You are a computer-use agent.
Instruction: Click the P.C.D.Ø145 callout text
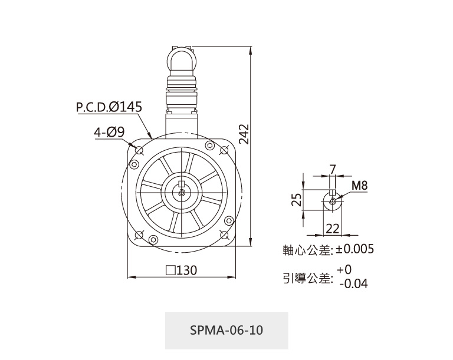pos(109,107)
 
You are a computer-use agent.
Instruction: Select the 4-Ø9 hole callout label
pos(109,132)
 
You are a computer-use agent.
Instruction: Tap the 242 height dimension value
pos(244,134)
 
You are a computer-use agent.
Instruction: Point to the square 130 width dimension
pos(182,270)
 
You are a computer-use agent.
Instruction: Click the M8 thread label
pos(359,186)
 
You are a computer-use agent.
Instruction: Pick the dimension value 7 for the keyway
pos(333,169)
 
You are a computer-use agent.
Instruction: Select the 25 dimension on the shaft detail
pos(297,200)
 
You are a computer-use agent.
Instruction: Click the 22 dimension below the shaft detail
pos(333,229)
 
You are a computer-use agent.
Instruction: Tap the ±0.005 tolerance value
pos(354,249)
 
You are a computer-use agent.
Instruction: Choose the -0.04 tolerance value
pos(354,283)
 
